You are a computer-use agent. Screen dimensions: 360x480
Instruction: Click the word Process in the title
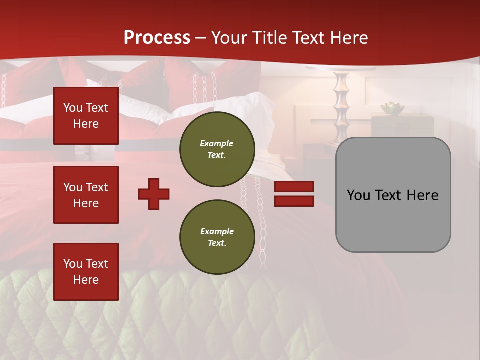[157, 38]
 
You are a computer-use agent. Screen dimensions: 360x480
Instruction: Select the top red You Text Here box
[86, 116]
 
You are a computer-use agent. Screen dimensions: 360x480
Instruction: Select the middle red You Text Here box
[86, 195]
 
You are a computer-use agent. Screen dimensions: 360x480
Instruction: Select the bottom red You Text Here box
[86, 271]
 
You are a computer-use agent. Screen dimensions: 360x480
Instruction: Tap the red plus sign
[154, 194]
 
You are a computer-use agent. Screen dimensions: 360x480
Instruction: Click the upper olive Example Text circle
[217, 149]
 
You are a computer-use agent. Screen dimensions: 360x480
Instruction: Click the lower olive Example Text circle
[217, 237]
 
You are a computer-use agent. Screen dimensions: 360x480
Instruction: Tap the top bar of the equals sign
[294, 187]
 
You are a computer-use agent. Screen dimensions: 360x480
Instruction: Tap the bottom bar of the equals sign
[294, 201]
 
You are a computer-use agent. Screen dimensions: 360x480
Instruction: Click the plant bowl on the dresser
[392, 108]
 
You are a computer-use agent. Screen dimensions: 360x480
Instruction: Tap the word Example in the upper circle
[217, 143]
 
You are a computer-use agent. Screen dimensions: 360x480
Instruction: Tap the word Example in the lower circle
[217, 231]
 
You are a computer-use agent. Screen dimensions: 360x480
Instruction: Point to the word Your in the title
[229, 38]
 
